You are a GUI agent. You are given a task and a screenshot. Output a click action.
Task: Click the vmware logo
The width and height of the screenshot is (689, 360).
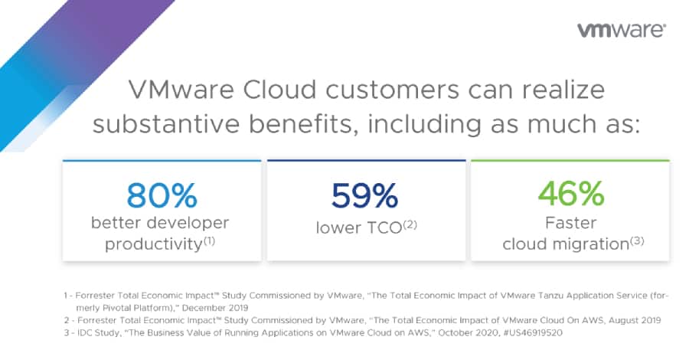[622, 30]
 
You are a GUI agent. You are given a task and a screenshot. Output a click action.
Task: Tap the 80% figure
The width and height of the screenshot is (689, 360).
[162, 195]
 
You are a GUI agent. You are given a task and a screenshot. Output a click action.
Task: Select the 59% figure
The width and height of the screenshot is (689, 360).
[364, 195]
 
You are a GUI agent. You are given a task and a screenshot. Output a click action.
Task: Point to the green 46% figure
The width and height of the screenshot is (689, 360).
[571, 194]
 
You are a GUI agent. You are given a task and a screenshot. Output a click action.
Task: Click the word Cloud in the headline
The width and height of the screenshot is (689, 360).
[279, 89]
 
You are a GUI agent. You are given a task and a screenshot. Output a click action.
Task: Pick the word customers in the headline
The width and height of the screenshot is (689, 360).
[393, 90]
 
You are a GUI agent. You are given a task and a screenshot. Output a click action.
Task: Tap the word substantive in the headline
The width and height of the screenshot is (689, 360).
[166, 123]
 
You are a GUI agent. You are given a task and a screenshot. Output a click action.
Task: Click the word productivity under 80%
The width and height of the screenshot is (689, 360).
[153, 244]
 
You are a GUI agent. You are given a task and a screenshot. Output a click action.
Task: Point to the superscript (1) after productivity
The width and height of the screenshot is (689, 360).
[209, 241]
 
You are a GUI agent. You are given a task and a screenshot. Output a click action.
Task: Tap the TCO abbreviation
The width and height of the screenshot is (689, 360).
[384, 227]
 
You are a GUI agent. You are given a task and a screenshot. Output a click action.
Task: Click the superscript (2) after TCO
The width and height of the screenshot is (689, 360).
[410, 225]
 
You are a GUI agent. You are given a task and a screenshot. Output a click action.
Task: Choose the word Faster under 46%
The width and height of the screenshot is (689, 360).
[571, 223]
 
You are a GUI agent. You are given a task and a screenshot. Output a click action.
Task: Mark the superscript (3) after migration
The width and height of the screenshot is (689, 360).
[637, 241]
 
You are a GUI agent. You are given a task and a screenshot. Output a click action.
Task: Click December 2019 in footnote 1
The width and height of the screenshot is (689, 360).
[215, 308]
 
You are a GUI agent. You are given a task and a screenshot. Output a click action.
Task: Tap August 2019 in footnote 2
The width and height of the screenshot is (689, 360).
[635, 320]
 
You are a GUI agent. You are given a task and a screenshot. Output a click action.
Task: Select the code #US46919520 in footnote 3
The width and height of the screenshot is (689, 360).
[533, 332]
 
